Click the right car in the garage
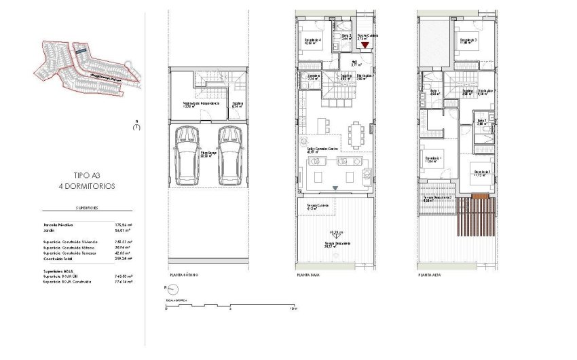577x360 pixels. (229, 154)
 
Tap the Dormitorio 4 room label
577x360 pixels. (313, 41)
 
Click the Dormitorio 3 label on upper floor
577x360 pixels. (469, 41)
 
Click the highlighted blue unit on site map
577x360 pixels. (81, 50)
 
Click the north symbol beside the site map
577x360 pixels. (137, 126)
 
